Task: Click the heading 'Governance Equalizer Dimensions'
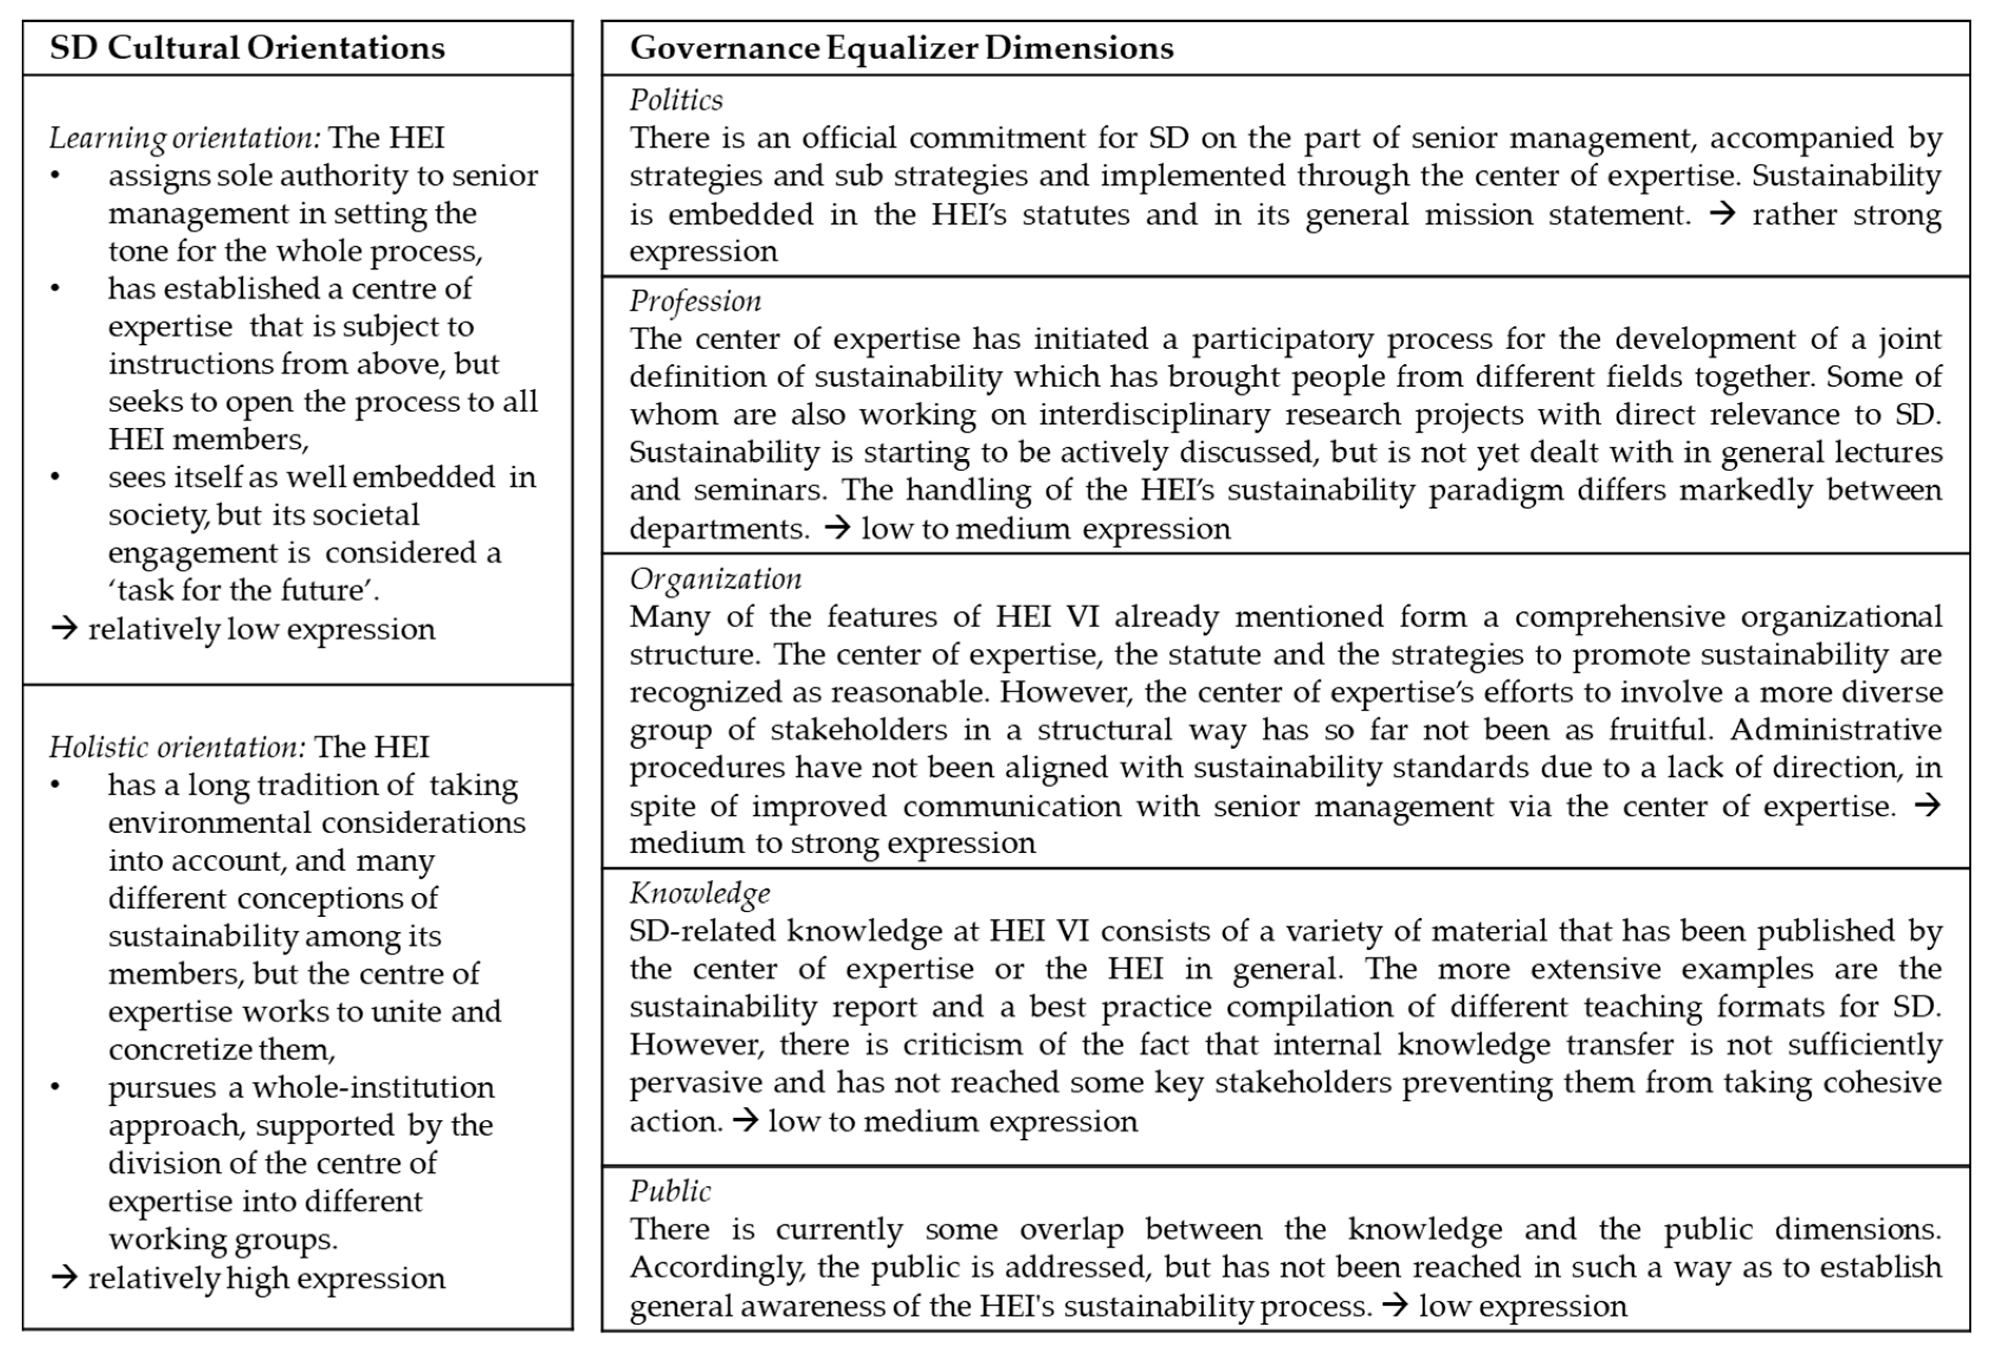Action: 901,48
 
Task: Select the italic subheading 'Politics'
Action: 676,100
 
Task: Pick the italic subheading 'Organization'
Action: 715,579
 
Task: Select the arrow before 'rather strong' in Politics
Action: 1722,213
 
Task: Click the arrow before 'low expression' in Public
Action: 1395,1305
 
